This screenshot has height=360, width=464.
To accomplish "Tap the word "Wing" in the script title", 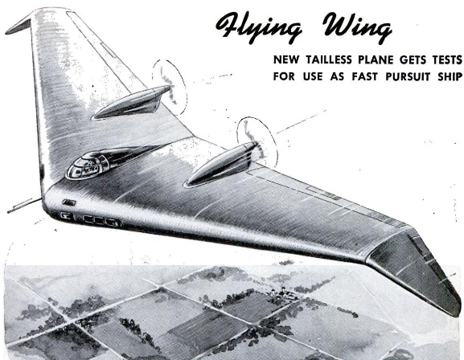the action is (358, 29).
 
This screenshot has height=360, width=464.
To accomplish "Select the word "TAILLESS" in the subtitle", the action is (330, 59).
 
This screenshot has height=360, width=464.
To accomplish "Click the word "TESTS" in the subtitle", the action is (447, 59).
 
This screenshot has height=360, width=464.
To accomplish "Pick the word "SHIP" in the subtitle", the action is (450, 76).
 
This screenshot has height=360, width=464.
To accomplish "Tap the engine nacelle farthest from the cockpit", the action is (220, 165).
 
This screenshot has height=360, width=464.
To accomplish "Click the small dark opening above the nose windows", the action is (69, 202).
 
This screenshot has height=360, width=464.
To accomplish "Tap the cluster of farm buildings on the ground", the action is (282, 292).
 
